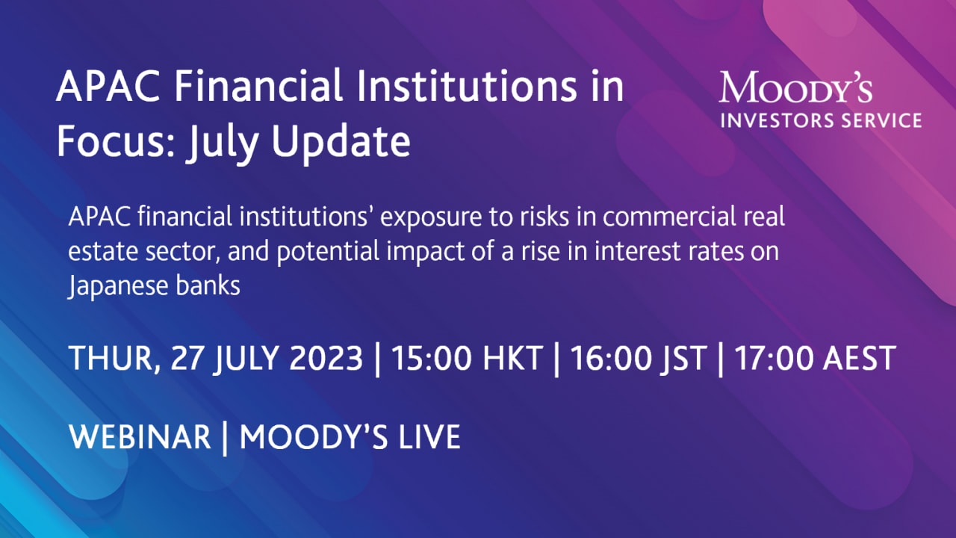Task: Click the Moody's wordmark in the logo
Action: pyautogui.click(x=796, y=89)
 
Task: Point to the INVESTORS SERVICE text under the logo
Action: pyautogui.click(x=820, y=120)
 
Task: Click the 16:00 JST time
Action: pyautogui.click(x=639, y=359)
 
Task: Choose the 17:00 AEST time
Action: pyautogui.click(x=815, y=359)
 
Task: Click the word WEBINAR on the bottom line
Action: pyautogui.click(x=140, y=437)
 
